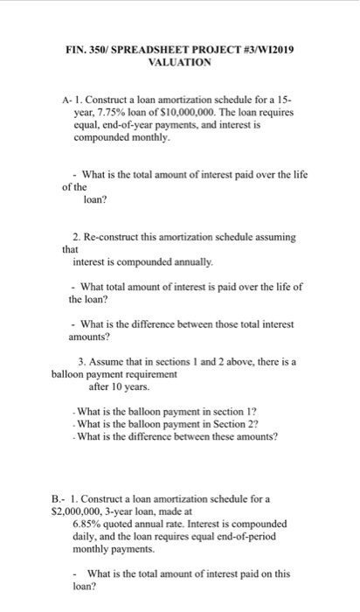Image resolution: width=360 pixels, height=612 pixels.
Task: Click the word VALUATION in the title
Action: coord(180,64)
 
